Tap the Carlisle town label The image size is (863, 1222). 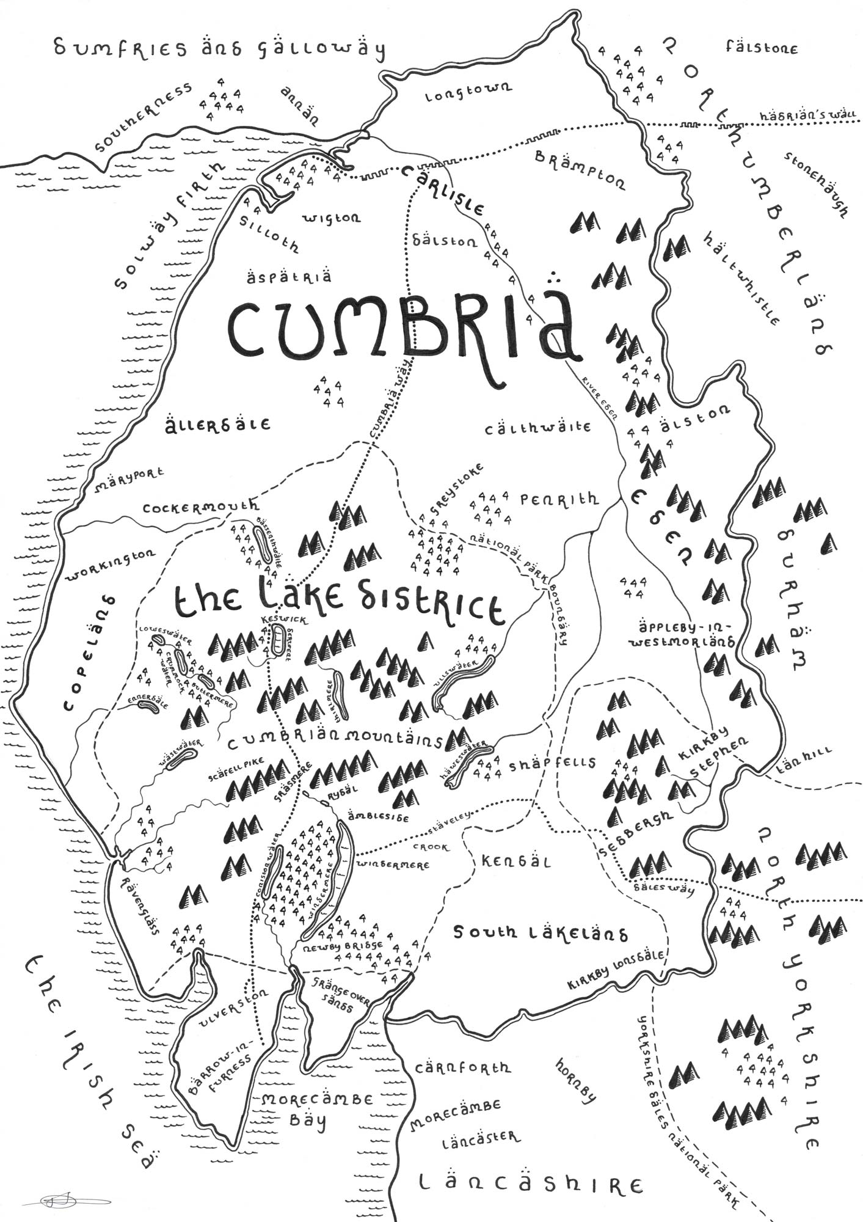pos(445,191)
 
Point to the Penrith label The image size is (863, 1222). pos(559,499)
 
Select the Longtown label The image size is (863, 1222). pos(468,93)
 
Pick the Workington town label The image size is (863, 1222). pos(111,564)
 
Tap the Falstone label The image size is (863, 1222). pos(761,47)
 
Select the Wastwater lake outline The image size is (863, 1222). pos(182,761)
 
